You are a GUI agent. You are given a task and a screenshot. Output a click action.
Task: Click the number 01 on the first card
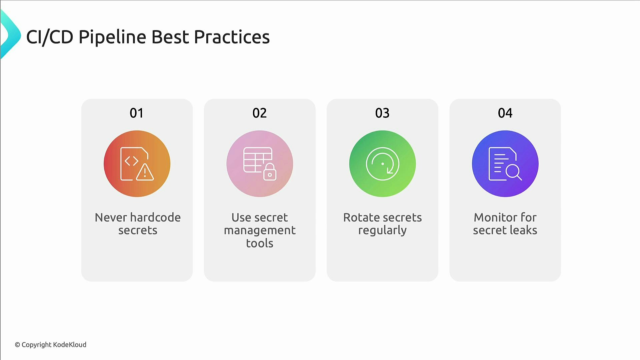tap(137, 113)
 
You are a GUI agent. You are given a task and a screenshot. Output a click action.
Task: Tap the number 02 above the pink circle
tap(259, 113)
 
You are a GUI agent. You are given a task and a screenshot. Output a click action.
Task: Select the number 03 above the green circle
tap(382, 113)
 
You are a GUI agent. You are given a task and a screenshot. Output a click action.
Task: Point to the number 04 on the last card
tap(505, 113)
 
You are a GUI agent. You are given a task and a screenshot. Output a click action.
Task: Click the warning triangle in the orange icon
tap(145, 172)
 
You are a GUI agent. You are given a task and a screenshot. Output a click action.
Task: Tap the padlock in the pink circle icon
tap(270, 172)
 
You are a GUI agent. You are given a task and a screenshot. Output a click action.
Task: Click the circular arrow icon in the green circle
tap(382, 164)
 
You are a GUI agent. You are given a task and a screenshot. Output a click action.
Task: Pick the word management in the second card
tap(260, 230)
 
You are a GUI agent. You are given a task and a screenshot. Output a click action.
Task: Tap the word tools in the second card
tap(260, 243)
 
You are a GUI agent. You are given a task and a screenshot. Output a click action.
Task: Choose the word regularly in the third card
tap(382, 230)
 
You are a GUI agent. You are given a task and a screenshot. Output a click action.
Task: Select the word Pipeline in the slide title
tap(112, 37)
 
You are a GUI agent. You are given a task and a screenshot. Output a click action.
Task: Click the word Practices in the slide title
tap(232, 37)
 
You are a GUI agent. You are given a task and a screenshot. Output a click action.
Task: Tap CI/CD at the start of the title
tap(49, 37)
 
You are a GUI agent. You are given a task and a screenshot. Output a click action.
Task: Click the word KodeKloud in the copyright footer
tap(70, 345)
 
